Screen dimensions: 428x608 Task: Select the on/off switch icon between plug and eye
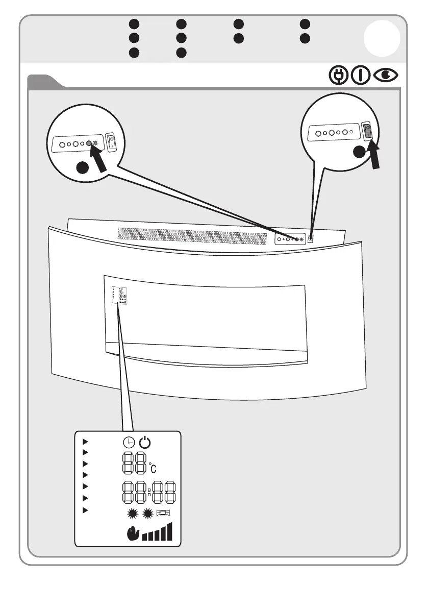(361, 76)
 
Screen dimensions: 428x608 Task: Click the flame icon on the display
(132, 534)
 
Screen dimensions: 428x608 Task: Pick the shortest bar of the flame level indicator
(144, 537)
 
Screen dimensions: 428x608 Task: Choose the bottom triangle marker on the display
(86, 510)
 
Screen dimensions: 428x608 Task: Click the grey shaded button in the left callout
(89, 144)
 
